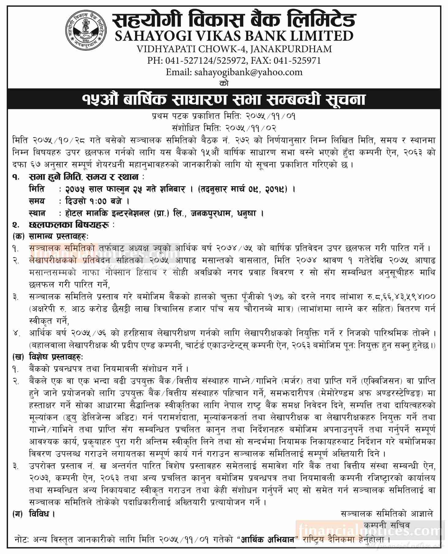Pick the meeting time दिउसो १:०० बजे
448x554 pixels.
pos(93,201)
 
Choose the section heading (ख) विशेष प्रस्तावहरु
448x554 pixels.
pos(48,357)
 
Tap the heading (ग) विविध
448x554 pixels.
pos(34,514)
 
